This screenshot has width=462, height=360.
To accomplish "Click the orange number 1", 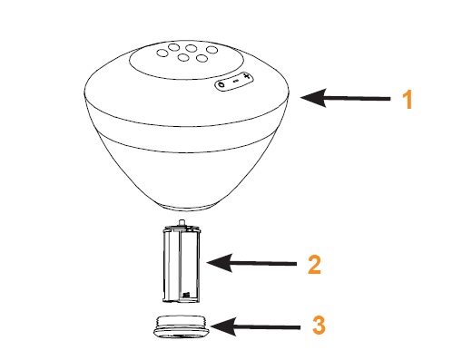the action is coord(408,99).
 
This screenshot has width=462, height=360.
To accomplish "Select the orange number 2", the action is coord(315,265).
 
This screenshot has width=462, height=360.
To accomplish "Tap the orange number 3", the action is coord(319,326).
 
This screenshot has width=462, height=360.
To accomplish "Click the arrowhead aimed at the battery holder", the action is coord(220,263).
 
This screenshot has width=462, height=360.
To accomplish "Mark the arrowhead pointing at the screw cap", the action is coord(223,326).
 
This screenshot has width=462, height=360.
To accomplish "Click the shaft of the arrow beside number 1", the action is coord(358,98).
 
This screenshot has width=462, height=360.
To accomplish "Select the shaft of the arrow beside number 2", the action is coord(264,264).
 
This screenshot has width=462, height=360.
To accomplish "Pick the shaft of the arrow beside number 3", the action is coord(268,327).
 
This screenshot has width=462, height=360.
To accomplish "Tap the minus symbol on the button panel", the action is coord(236,81).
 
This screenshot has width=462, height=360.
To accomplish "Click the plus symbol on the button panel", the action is coord(247,76).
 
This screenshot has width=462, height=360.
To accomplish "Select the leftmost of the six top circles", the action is coord(162,53).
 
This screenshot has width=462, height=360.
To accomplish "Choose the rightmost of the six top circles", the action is coord(211,49).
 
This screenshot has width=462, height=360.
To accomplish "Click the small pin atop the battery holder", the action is coord(182,222).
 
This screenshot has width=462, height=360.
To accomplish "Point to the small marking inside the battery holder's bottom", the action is coord(186,295).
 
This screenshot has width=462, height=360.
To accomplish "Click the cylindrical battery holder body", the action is coord(182,264).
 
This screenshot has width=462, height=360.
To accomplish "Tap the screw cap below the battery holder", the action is coord(182,326).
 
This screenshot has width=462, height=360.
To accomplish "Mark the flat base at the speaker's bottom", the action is coord(185,208).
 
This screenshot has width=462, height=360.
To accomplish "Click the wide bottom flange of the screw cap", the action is coord(182,333).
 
